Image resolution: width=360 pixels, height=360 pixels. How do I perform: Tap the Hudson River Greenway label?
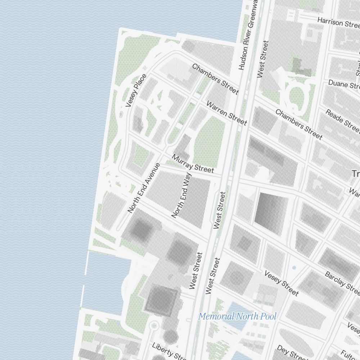(249, 35)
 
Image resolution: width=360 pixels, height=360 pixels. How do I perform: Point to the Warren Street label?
(226, 113)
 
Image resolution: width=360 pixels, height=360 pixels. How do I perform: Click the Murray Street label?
(193, 163)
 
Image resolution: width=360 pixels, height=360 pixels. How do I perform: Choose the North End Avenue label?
(144, 188)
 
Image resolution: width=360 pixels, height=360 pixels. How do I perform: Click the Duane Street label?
(344, 85)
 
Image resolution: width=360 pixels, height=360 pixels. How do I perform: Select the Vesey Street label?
(281, 283)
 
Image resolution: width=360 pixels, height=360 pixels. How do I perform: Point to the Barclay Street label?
(342, 281)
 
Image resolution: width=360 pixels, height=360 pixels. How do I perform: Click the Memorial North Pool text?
(237, 316)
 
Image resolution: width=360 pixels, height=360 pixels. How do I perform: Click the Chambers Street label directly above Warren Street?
(215, 79)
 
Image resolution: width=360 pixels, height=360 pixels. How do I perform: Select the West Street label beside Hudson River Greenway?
(263, 59)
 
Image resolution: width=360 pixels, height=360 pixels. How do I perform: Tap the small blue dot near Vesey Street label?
(294, 268)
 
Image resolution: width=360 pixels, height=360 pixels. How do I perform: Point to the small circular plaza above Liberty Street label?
(154, 326)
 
